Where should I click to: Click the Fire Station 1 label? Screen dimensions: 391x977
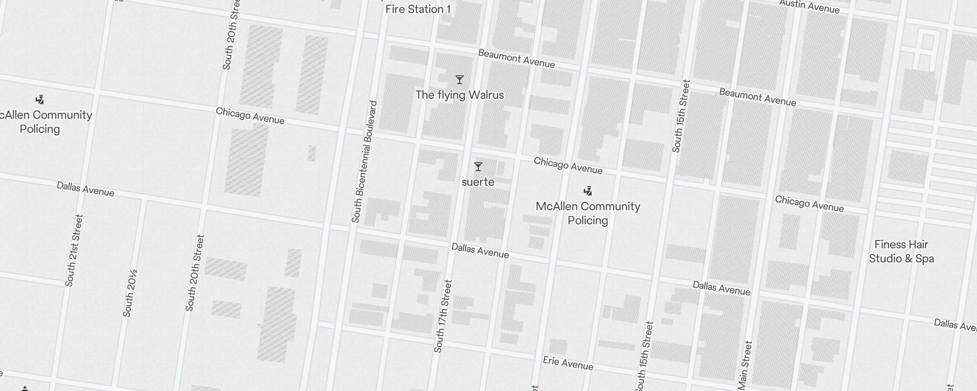(x=418, y=9)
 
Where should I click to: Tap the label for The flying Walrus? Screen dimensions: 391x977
(x=459, y=95)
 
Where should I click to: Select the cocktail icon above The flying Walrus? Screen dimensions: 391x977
(x=459, y=80)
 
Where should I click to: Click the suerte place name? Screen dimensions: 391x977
(x=478, y=182)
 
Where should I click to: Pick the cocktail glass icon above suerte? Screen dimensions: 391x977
(x=478, y=167)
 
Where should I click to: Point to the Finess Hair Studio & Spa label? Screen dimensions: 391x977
(x=901, y=251)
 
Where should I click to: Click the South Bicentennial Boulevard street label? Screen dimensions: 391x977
(x=364, y=162)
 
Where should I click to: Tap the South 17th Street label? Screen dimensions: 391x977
(x=443, y=316)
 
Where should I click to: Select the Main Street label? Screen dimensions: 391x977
(x=745, y=365)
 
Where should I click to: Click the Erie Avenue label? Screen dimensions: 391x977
(x=568, y=363)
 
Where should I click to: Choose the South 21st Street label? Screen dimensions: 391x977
(x=74, y=250)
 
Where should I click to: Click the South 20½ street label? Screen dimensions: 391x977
(x=129, y=293)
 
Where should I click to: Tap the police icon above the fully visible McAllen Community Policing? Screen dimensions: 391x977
(x=588, y=191)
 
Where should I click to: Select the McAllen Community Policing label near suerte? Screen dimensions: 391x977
(x=588, y=213)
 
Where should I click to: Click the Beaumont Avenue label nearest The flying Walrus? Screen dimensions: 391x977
(x=516, y=59)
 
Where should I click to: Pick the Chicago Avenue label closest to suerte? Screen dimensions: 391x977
(x=568, y=165)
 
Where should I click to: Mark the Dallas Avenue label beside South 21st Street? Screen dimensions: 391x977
(x=85, y=189)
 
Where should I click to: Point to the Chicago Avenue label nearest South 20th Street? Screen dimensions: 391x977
(x=250, y=116)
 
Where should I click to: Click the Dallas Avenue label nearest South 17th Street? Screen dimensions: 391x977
(x=480, y=250)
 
